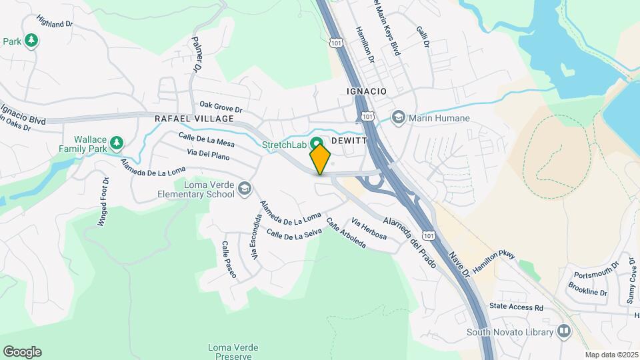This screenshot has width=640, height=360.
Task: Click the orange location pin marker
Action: pos(320,159)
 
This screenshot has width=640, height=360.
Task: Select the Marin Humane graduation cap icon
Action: pos(399,119)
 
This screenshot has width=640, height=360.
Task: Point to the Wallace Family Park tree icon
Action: pos(117,142)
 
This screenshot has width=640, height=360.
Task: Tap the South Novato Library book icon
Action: pos(564,331)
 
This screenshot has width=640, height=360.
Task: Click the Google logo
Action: pos(22,352)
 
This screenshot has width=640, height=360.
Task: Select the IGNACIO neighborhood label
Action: pos(367,91)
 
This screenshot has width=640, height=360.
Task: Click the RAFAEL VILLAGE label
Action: pos(194,119)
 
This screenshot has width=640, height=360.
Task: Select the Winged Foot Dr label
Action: pos(103,202)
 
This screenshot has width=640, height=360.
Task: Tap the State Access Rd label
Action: pos(517,308)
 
